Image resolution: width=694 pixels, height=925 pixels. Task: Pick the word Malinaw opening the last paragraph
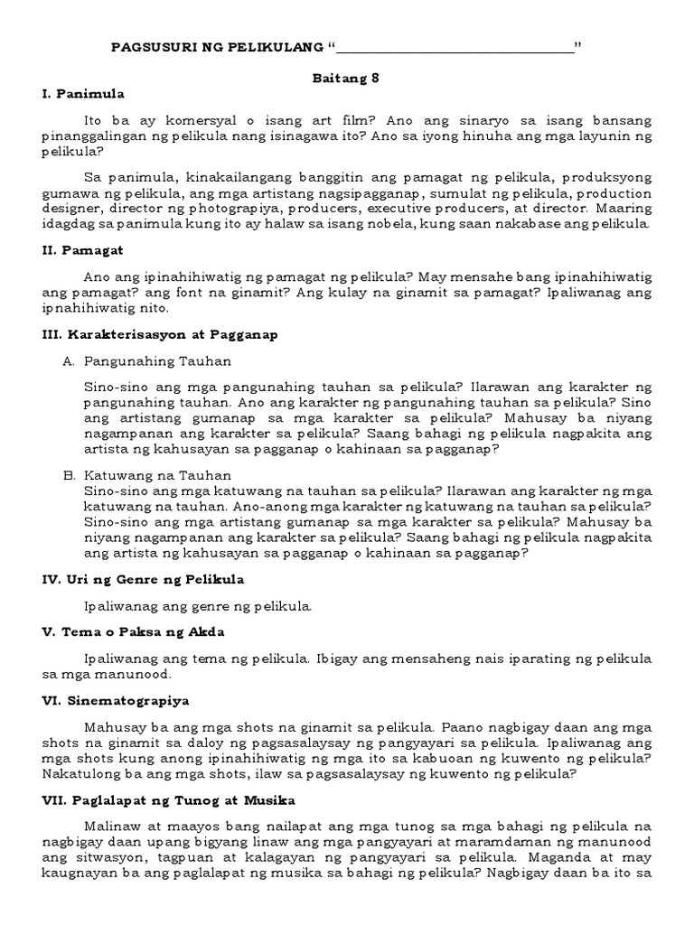coord(109,827)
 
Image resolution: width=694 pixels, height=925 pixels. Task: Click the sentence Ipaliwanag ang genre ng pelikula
coord(197,605)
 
